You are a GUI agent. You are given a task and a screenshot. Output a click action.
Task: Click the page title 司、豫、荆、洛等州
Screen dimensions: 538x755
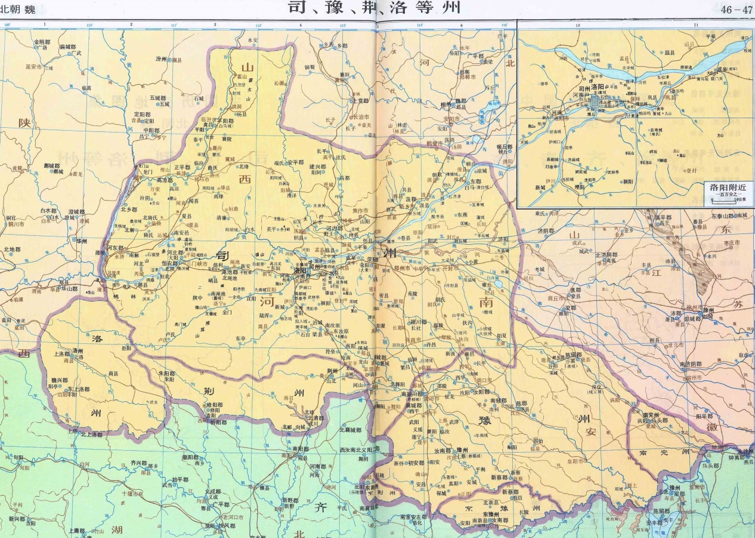point(374,8)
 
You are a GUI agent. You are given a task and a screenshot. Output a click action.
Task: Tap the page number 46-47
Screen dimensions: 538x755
point(737,10)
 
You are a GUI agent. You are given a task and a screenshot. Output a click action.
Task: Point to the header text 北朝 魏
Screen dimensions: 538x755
point(18,8)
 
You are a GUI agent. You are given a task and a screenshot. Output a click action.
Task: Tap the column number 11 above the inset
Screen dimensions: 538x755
point(696,25)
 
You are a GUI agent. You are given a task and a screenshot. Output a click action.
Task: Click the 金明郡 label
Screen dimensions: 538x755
point(43,42)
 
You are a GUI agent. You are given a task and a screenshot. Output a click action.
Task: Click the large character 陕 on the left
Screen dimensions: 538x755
point(24,123)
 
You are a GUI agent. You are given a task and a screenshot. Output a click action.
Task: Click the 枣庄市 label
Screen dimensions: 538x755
point(729,243)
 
